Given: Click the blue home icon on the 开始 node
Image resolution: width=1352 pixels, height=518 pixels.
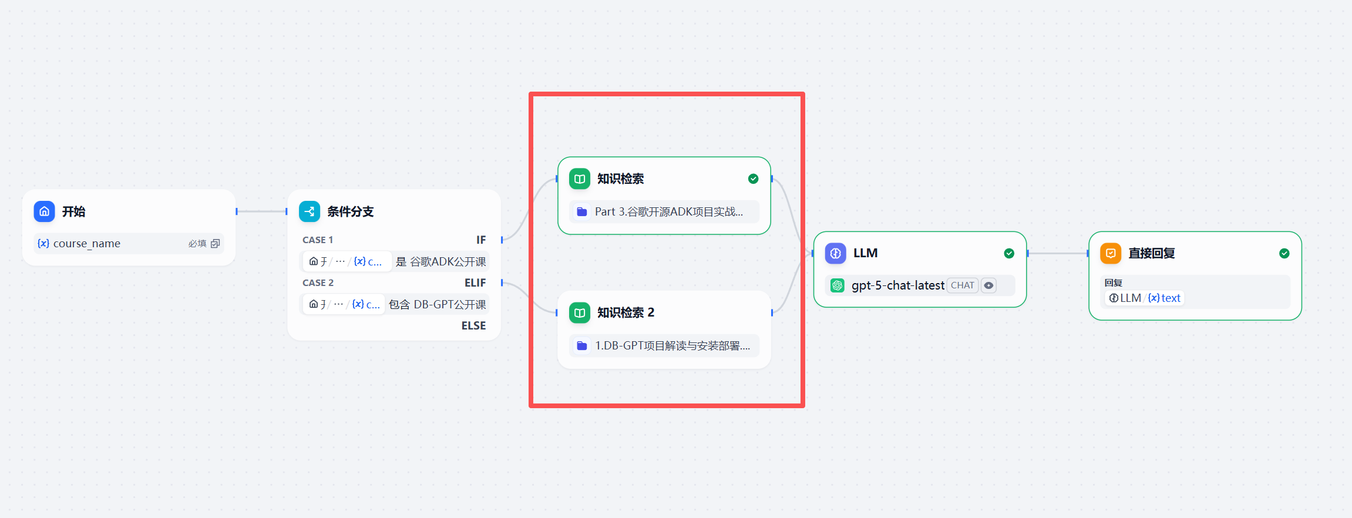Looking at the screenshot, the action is pos(44,211).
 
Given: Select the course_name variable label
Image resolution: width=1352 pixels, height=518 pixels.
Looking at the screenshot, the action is pos(86,243).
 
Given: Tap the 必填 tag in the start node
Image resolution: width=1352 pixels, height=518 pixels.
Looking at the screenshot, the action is pos(197,243).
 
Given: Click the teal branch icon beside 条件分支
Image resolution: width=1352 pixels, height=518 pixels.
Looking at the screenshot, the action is pos(310,211).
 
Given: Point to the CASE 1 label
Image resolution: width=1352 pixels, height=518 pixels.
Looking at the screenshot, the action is pos(318,240).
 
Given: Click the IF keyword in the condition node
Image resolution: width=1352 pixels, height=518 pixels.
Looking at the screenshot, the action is pos(481,240).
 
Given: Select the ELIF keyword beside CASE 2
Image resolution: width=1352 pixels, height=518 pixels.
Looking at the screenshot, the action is pos(475,282).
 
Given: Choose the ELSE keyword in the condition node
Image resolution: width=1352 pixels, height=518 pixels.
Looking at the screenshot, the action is pos(473,325).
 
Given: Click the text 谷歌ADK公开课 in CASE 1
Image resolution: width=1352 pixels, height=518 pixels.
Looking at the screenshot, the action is pos(448,261).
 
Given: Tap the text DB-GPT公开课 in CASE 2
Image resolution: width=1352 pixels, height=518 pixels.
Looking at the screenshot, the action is pos(450,304).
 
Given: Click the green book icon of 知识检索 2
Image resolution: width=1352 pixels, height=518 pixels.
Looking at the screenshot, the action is pos(580,312).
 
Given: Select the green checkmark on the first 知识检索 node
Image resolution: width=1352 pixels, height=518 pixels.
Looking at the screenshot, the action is pos(753,179).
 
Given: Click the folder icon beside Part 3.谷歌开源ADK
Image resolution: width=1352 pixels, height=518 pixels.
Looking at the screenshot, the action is pos(582,211).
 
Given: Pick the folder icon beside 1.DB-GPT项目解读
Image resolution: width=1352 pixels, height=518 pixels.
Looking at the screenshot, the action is pos(582,345).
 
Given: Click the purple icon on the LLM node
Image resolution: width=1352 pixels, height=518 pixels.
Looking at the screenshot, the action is pos(836,253).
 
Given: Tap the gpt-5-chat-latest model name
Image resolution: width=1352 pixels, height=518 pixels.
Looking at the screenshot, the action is pos(898,285).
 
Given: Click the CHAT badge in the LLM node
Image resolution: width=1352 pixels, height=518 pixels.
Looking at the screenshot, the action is pos(963,285).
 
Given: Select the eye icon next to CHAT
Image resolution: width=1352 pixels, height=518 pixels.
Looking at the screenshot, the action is pos(989,285).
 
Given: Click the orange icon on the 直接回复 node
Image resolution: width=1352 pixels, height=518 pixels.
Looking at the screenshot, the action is pos(1111,253).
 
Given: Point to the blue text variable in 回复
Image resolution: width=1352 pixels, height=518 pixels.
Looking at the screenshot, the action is pos(1165,298).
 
